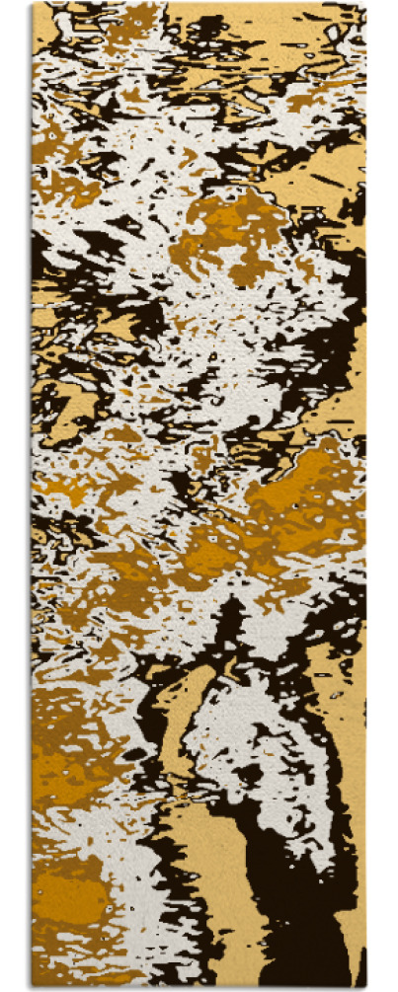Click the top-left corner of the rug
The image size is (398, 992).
point(33,4)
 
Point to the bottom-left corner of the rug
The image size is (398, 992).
point(33,986)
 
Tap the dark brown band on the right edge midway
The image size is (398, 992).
point(351,365)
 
